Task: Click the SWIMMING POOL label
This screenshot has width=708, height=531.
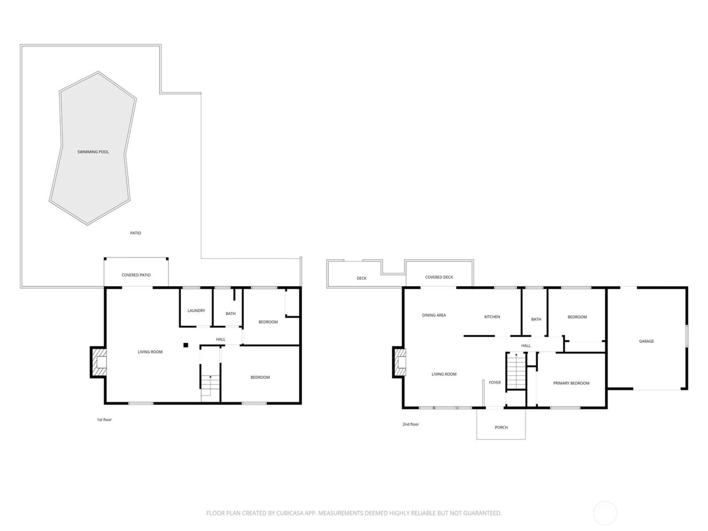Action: coord(93,152)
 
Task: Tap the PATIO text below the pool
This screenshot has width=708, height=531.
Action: coord(136,233)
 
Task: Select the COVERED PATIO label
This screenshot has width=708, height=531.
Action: coord(136,275)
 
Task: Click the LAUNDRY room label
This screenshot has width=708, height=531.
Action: coord(196,311)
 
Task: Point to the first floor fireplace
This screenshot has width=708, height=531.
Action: coord(99,362)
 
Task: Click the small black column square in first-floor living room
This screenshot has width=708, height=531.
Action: coord(186,345)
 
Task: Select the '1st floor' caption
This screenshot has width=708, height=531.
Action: coord(104,420)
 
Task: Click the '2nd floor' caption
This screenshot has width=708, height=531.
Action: coord(411,424)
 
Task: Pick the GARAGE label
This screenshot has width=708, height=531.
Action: coord(646,341)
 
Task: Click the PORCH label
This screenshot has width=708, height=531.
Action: coord(501,427)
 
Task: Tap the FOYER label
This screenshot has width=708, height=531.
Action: coord(495,382)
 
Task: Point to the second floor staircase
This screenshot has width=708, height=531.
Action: coord(515,372)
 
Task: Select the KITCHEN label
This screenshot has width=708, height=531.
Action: coord(492,317)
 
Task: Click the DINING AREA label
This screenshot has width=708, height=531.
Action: coord(434,315)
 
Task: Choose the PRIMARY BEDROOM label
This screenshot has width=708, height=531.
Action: coord(571,383)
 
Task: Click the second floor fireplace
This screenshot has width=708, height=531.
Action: coord(400,362)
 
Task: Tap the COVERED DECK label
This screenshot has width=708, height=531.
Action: coord(439,277)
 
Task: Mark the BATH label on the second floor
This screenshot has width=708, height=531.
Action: coord(536,319)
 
